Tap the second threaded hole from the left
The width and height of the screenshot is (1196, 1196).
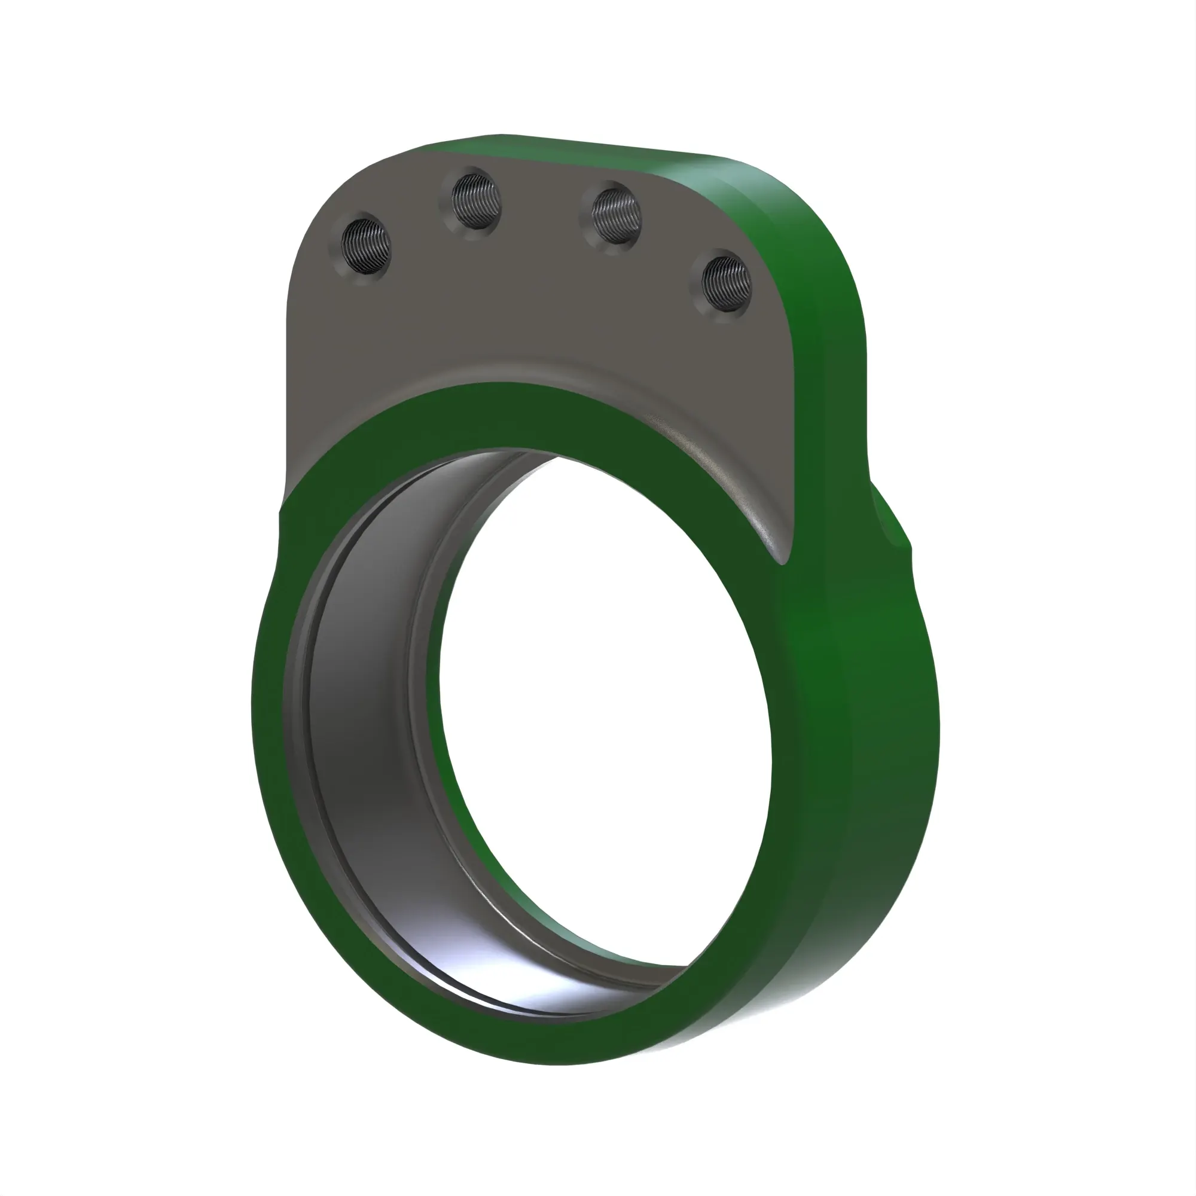[475, 202]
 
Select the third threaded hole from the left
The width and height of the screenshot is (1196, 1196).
[616, 216]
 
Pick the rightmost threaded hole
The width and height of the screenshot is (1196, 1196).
[725, 284]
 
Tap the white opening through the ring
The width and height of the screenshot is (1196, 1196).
[606, 712]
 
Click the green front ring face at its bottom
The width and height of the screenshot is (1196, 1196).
[557, 1046]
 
